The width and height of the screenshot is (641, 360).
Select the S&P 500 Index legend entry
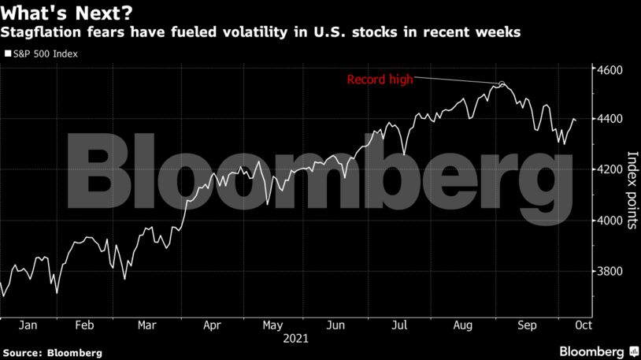[x=45, y=54]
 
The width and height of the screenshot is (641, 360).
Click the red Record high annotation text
[x=380, y=79]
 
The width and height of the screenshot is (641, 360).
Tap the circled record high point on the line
[x=501, y=84]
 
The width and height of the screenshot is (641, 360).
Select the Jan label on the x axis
[x=28, y=325]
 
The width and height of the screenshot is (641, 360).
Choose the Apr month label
[x=212, y=325]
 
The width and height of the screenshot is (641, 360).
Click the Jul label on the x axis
[x=399, y=325]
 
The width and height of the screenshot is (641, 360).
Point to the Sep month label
[x=526, y=325]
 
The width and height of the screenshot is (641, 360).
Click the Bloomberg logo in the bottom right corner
[x=599, y=351]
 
